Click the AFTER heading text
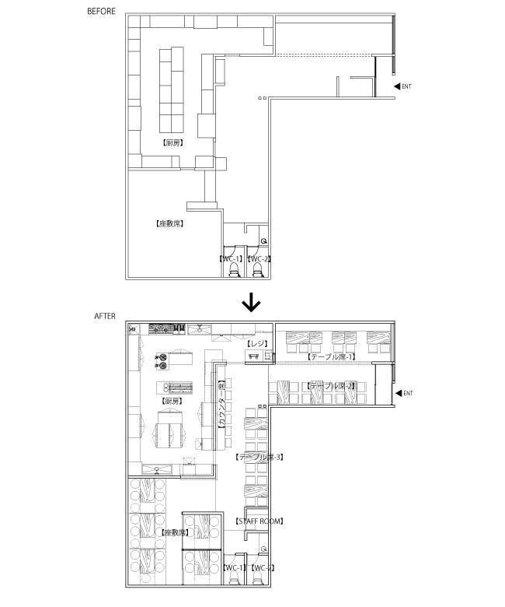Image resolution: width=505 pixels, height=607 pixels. click(x=105, y=316)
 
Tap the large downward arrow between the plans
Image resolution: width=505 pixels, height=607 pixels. click(x=252, y=300)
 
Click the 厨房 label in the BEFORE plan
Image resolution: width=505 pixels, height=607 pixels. click(x=172, y=143)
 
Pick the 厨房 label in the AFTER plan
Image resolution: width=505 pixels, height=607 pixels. click(x=172, y=402)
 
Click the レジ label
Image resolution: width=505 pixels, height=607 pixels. click(x=257, y=343)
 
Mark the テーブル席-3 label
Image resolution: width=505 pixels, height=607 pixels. click(x=257, y=458)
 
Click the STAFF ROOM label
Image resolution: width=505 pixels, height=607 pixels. click(x=259, y=521)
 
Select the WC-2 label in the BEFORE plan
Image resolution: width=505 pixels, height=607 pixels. click(x=258, y=258)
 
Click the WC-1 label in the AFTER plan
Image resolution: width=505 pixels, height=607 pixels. click(x=234, y=567)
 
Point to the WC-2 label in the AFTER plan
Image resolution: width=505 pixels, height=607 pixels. click(x=261, y=567)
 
